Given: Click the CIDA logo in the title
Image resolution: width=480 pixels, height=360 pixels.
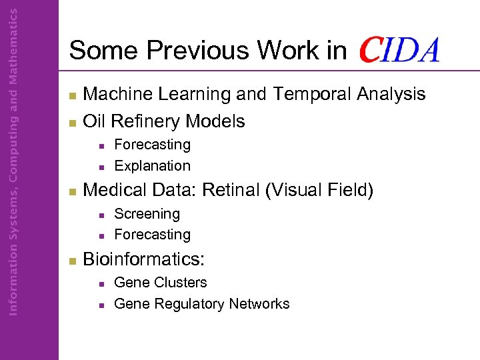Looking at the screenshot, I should [399, 50].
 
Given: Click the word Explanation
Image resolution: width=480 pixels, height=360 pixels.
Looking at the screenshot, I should [152, 166].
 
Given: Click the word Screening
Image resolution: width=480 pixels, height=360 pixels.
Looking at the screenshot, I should [147, 214].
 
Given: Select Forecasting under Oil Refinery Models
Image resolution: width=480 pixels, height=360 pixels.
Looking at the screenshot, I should [152, 145].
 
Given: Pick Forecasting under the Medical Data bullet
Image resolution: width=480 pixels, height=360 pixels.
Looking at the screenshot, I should [152, 235].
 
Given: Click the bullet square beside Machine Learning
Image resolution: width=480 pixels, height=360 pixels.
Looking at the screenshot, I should [73, 95].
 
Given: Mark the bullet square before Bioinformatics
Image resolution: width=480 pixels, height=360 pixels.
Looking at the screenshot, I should [73, 260].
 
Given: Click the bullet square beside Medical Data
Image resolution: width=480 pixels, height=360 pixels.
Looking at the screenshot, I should [73, 191].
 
